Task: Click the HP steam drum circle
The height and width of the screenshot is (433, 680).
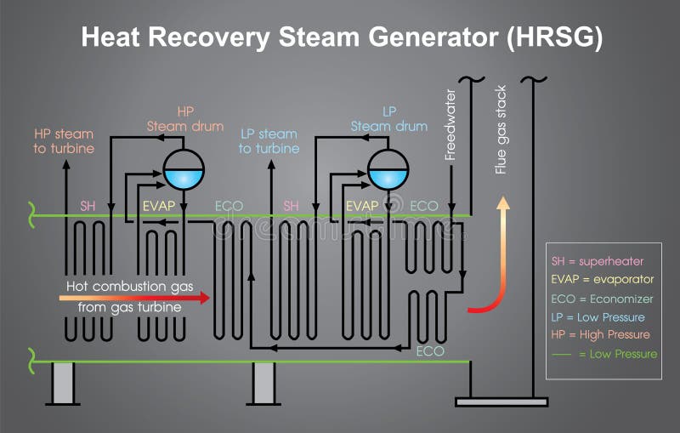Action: coord(183,169)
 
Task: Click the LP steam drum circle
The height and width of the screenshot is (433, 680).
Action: coord(388,169)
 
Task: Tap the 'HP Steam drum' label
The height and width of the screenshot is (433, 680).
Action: coord(185,119)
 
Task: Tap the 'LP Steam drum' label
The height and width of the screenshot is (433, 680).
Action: coord(389,119)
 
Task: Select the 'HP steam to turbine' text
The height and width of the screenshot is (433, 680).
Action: coord(64,141)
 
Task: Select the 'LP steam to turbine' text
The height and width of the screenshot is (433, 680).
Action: coord(269,141)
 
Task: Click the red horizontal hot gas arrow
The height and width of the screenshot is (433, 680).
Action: coord(136,298)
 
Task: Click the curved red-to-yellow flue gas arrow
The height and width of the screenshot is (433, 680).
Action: coord(493,272)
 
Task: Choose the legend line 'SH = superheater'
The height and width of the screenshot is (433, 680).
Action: coord(598,261)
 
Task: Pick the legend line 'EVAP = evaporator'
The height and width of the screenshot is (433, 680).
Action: coord(603,279)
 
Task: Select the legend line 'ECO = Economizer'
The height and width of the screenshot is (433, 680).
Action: coord(603,299)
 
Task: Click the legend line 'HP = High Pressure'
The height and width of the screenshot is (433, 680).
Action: coord(601,334)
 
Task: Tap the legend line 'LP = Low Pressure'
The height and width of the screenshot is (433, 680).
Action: coord(600,316)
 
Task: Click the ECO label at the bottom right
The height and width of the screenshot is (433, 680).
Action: coord(429,350)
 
